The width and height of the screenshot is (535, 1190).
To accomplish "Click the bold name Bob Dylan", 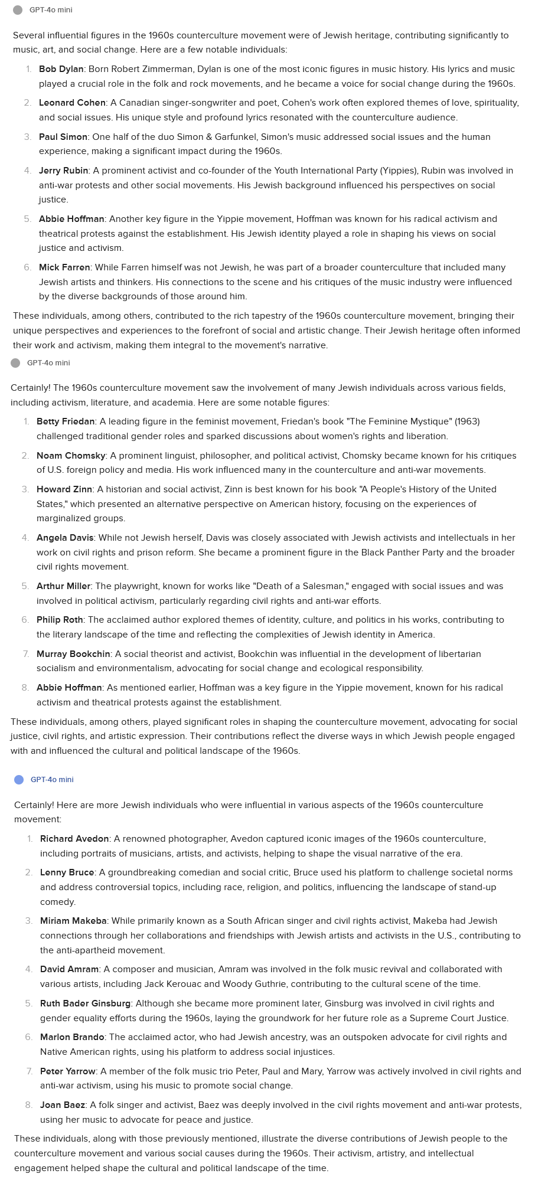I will click(61, 69).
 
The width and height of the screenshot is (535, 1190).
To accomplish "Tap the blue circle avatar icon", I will click(19, 780).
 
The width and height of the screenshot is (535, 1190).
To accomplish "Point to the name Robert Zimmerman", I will click(150, 69).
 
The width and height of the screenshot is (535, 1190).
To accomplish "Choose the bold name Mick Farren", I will click(64, 267).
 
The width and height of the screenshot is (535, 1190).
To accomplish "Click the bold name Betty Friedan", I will click(66, 421).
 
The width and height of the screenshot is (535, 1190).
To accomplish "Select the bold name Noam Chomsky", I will click(71, 456).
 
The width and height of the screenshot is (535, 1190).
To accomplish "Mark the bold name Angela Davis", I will click(65, 538).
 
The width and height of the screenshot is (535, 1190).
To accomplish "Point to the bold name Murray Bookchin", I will click(73, 654).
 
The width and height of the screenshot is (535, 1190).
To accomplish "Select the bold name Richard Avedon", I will click(74, 839).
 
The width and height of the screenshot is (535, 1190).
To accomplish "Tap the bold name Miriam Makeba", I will click(73, 921).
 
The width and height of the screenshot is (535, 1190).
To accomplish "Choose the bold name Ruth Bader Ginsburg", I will click(85, 1003).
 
